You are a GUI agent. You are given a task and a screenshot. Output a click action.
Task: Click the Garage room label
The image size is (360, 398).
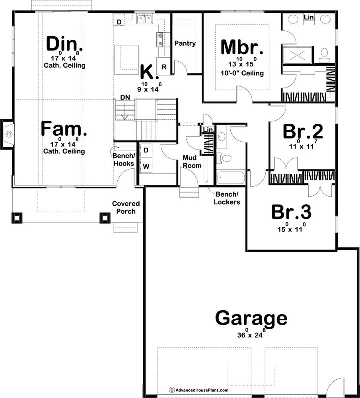click(251, 318)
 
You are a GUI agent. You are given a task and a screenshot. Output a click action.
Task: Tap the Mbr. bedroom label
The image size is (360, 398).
click(242, 47)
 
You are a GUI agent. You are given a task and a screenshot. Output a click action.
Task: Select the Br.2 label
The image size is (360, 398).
click(303, 131)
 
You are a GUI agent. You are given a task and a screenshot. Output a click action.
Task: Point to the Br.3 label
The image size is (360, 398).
click(291, 212)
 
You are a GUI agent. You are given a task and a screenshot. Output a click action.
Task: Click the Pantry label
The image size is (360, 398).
click(185, 43)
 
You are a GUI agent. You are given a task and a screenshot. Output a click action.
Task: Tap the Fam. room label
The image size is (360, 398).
click(64, 129)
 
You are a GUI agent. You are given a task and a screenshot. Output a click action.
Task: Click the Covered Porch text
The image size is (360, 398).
click(126, 207)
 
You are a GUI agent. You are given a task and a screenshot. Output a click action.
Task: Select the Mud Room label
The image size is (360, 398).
click(192, 162)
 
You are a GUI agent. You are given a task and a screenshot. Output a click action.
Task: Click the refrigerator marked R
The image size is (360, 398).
click(164, 66)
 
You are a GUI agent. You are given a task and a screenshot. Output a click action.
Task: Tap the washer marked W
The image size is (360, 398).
click(146, 166)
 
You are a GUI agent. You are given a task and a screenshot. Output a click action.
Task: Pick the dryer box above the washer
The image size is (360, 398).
click(146, 150)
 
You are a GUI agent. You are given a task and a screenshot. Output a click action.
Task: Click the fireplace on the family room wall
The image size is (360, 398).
click(8, 133)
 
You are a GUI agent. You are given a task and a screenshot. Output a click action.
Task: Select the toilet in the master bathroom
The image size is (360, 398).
click(324, 55)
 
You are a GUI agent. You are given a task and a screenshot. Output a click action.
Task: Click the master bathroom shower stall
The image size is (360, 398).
click(297, 55)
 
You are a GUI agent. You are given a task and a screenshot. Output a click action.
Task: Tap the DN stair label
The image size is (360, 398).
click(125, 97)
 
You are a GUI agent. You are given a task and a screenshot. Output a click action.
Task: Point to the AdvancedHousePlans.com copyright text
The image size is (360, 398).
click(199, 390)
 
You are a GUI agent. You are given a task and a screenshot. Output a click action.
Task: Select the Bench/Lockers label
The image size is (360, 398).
click(227, 198)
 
